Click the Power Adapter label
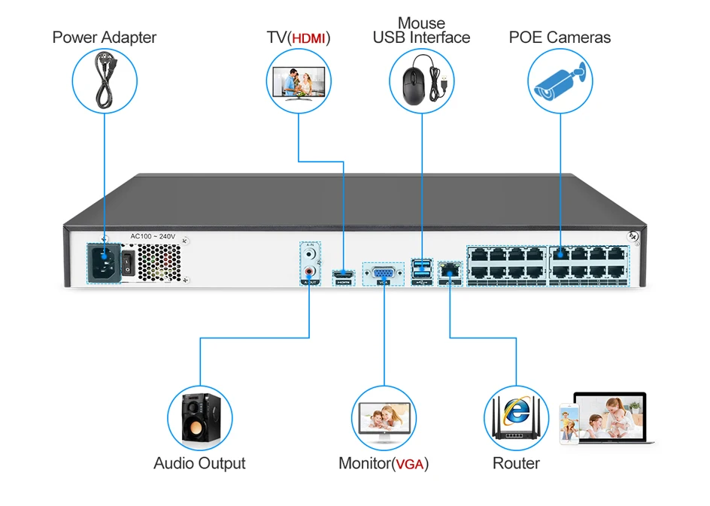(105, 38)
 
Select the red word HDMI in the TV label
(309, 38)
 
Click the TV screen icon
(299, 81)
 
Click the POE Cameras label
(560, 38)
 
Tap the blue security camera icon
(560, 80)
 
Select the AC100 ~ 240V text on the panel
(153, 236)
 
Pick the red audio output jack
(309, 271)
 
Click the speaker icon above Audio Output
(199, 418)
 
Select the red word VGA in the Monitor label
(410, 464)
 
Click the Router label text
(516, 463)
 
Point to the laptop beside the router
(610, 417)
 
